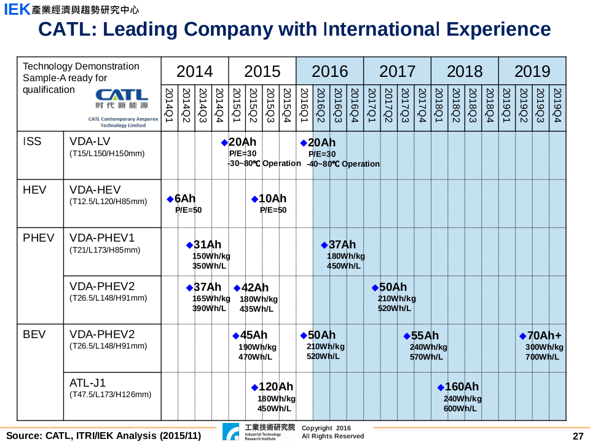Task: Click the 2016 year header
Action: tap(330, 71)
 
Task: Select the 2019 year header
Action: tap(532, 71)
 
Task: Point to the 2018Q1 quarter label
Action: tap(439, 105)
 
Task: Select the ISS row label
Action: tap(32, 141)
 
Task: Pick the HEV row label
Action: tap(34, 190)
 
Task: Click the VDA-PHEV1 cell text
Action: tap(102, 238)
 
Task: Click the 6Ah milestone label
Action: tap(185, 199)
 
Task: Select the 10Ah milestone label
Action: tap(273, 199)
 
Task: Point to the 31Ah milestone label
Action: tap(207, 245)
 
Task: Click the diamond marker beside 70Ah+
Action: tap(523, 336)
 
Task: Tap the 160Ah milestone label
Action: tap(462, 387)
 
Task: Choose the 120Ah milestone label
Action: tap(276, 387)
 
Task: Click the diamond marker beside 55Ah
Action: tap(407, 336)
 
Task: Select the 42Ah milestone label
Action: tap(255, 288)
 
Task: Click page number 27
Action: tap(578, 436)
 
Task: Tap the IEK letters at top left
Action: tap(17, 10)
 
